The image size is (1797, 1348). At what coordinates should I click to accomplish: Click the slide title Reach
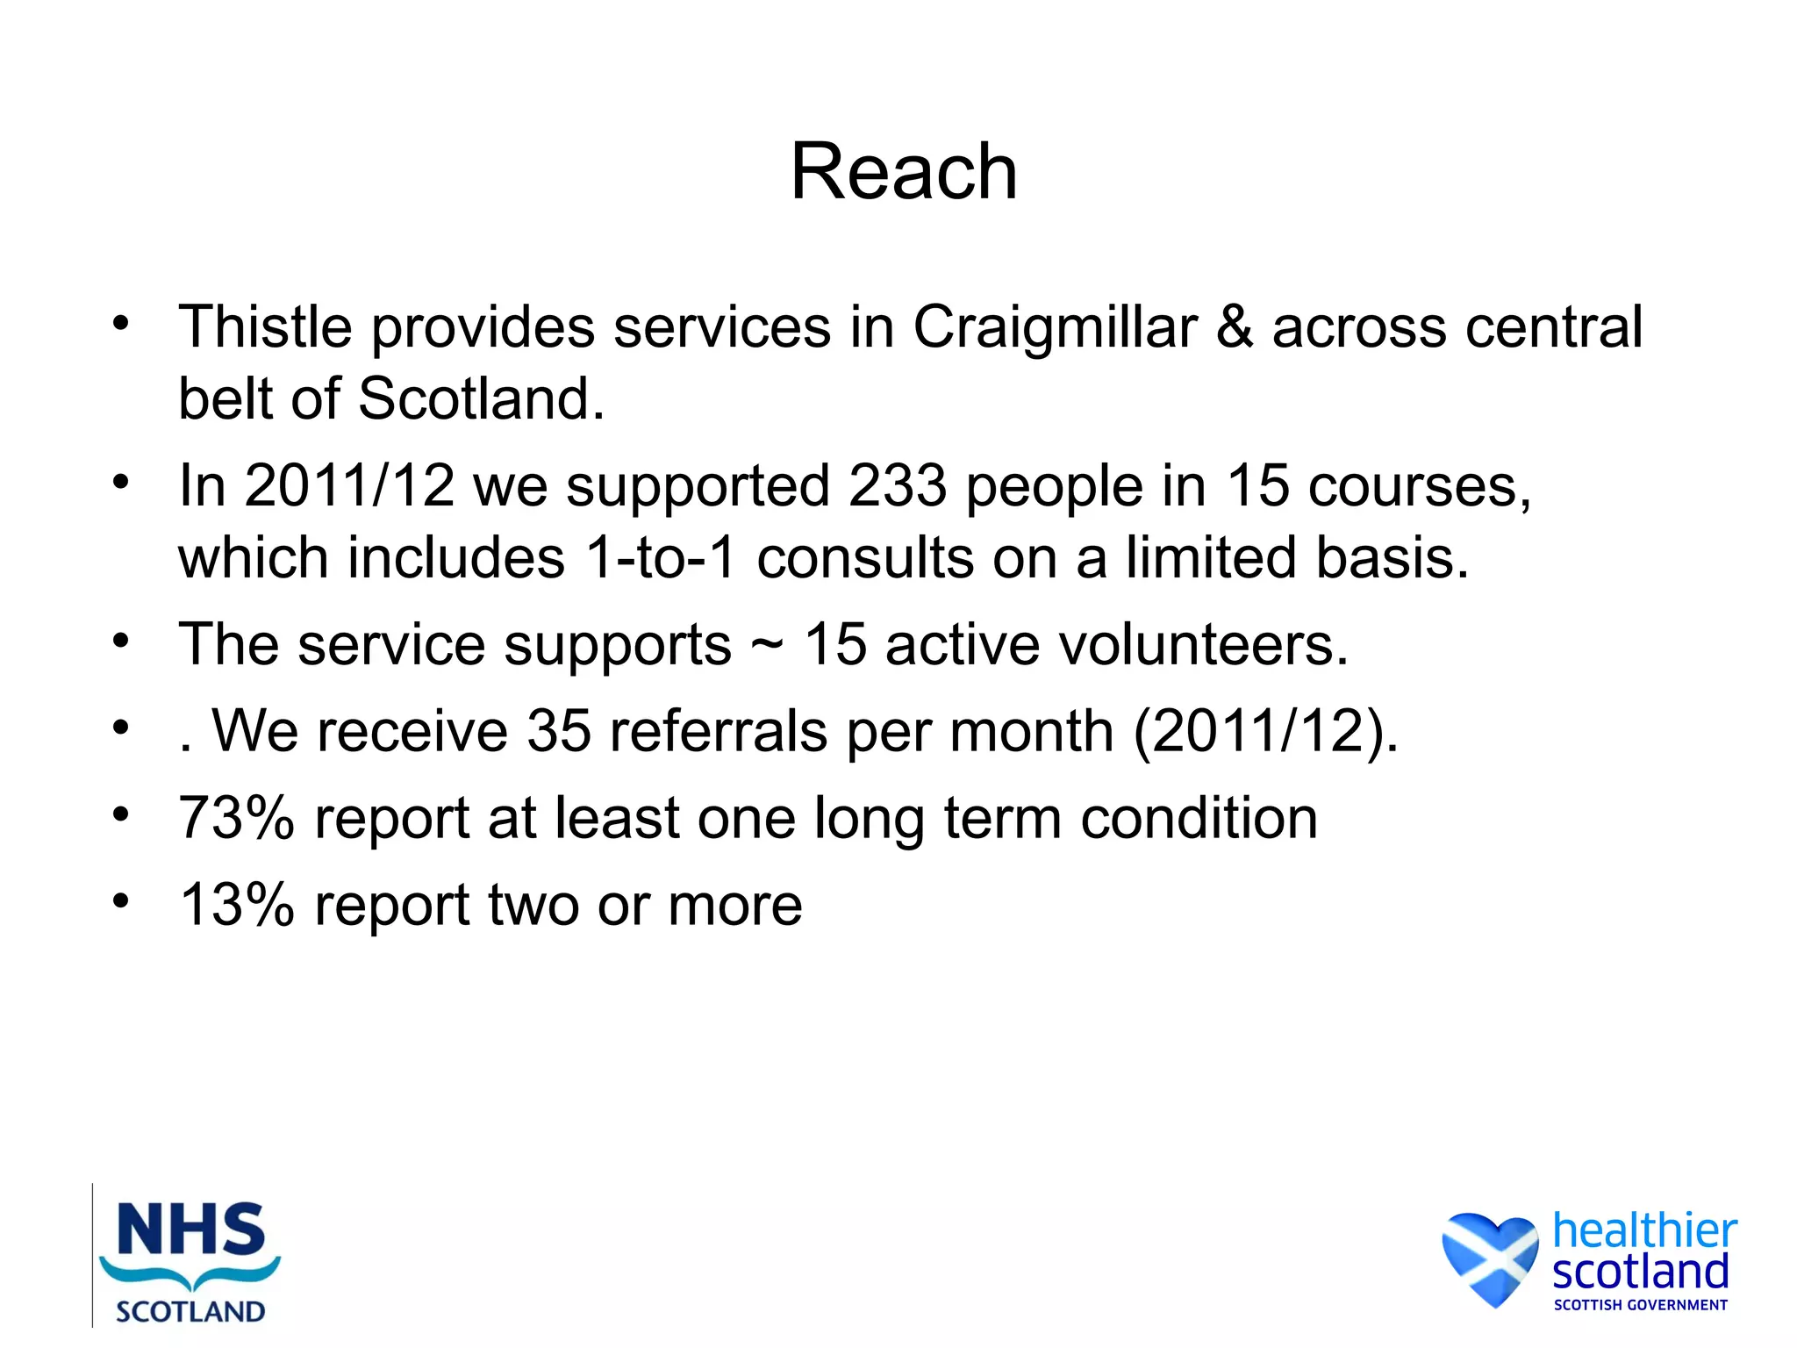click(x=904, y=172)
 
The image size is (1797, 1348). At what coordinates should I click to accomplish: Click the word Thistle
click(x=265, y=327)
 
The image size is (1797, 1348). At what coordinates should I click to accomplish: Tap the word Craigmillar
click(x=1056, y=327)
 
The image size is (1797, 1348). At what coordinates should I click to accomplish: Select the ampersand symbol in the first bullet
click(x=1235, y=327)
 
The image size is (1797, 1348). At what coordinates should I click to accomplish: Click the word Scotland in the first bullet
click(x=481, y=399)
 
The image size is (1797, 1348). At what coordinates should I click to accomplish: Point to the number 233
click(x=898, y=485)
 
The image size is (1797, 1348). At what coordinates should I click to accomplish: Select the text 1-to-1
click(x=659, y=558)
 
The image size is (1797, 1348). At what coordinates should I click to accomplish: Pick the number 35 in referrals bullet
click(x=559, y=731)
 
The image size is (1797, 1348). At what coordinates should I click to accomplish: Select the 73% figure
click(x=236, y=818)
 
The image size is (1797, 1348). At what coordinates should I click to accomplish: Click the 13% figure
click(x=236, y=905)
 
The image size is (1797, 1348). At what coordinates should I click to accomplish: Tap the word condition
click(x=1199, y=818)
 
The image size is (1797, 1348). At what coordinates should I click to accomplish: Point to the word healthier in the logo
click(x=1644, y=1230)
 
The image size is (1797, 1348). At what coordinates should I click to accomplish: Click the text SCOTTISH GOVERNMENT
click(x=1640, y=1305)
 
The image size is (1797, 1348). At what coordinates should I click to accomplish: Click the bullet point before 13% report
click(x=121, y=900)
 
